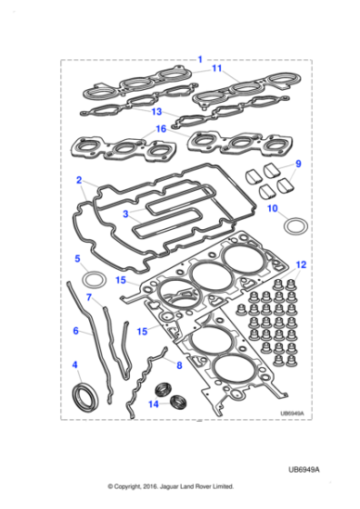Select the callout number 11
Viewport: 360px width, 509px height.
point(216,68)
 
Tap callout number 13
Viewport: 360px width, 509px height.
point(156,112)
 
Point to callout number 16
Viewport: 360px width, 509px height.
point(161,129)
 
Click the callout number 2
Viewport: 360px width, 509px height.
point(79,179)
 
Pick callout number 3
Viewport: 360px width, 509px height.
point(126,215)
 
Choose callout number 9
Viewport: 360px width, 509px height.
point(296,164)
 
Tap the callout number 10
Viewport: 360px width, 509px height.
point(272,208)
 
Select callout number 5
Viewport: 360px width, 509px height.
point(77,259)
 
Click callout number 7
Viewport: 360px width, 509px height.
point(88,296)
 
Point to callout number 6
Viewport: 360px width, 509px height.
point(75,331)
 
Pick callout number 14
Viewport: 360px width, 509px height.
point(153,403)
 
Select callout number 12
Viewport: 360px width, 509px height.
point(301,264)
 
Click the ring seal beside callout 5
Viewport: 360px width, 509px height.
point(94,276)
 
